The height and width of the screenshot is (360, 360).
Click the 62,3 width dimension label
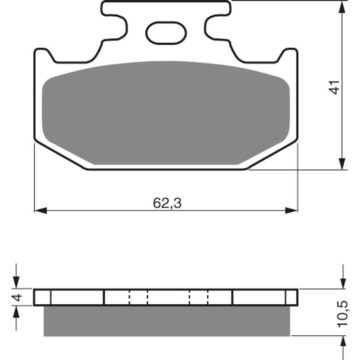[x=167, y=203]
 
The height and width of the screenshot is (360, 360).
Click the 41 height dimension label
[x=334, y=87]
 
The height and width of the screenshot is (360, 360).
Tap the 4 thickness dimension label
[x=18, y=297]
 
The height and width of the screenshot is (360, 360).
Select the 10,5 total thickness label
[x=342, y=314]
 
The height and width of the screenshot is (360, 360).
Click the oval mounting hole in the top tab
[x=166, y=33]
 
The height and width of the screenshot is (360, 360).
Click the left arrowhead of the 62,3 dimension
[x=41, y=210]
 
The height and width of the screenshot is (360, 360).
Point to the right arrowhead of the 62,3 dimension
[x=291, y=210]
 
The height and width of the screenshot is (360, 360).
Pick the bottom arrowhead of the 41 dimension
[x=342, y=164]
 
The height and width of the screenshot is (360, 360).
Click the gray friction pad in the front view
[x=166, y=113]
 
